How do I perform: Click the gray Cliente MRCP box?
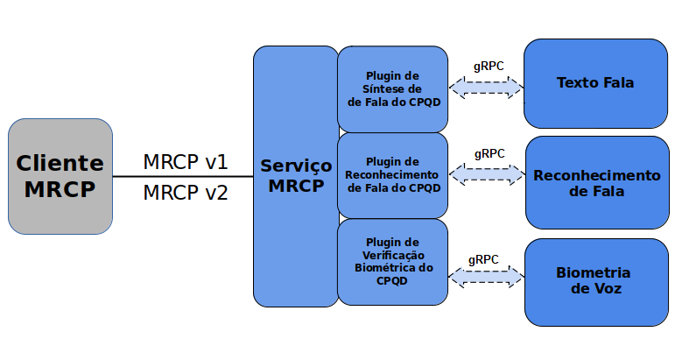[x=60, y=176]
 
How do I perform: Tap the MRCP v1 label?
[x=185, y=162]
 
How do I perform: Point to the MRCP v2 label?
[x=185, y=193]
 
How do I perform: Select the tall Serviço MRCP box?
[x=295, y=176]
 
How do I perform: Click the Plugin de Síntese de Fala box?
[x=393, y=88]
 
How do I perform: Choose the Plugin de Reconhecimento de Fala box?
[x=393, y=174]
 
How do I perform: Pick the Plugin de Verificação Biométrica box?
[x=393, y=261]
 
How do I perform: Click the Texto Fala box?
[x=595, y=83]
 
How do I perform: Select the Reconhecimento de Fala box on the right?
[x=596, y=182]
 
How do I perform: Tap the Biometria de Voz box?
[x=595, y=280]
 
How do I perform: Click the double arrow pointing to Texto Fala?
[x=486, y=87]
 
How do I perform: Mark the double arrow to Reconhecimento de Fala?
[x=488, y=174]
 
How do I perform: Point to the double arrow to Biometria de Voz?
[x=486, y=278]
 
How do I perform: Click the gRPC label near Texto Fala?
[x=488, y=67]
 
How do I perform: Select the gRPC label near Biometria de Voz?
[x=483, y=259]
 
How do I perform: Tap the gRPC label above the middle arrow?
[x=489, y=153]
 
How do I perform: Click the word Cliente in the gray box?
[x=60, y=163]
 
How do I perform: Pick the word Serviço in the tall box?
[x=296, y=166]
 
